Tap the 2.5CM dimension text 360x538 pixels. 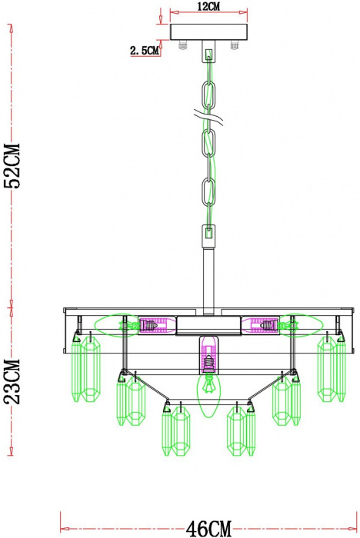[145, 51]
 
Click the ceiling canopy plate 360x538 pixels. [208, 32]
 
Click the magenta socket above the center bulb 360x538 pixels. [209, 354]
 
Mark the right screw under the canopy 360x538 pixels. [234, 45]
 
